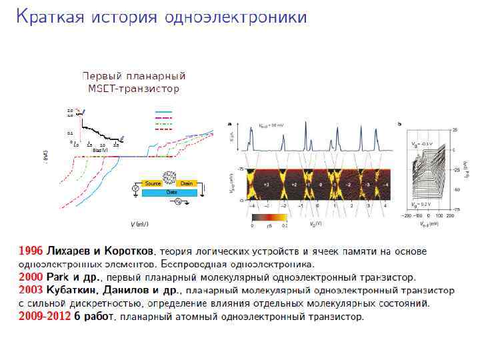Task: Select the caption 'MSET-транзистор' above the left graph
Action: point(133,88)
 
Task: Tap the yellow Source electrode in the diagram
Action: point(153,183)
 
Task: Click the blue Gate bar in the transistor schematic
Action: point(171,191)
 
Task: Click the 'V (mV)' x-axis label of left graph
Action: point(139,224)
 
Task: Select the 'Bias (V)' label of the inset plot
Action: point(100,150)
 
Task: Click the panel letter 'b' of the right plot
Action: point(399,123)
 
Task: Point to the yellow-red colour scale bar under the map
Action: point(269,217)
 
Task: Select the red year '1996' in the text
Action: point(31,251)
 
